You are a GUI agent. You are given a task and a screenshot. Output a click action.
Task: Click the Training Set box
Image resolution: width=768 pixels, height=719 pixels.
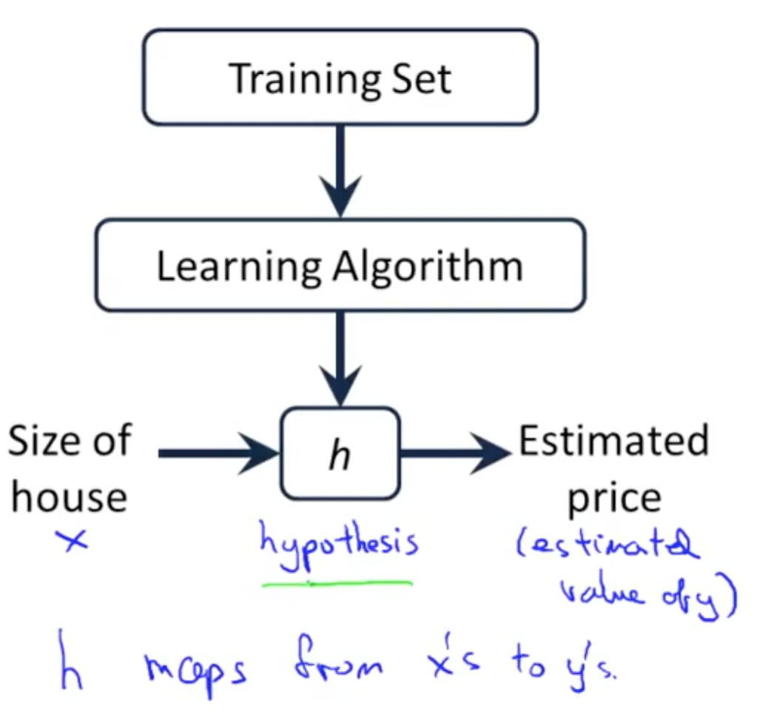[340, 77]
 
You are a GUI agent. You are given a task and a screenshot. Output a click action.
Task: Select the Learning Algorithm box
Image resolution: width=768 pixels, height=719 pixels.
[340, 265]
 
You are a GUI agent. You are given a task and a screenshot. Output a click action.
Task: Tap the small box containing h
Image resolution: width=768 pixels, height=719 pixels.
[340, 453]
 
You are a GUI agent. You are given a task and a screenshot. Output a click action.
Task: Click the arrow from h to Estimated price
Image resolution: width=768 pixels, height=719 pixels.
[454, 453]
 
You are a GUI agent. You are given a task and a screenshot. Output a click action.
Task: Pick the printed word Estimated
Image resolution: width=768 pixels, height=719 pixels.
[613, 442]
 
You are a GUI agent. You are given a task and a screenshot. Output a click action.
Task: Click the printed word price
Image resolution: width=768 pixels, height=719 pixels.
[613, 499]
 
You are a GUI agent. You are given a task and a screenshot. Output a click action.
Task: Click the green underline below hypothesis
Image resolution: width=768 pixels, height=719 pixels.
[337, 584]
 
